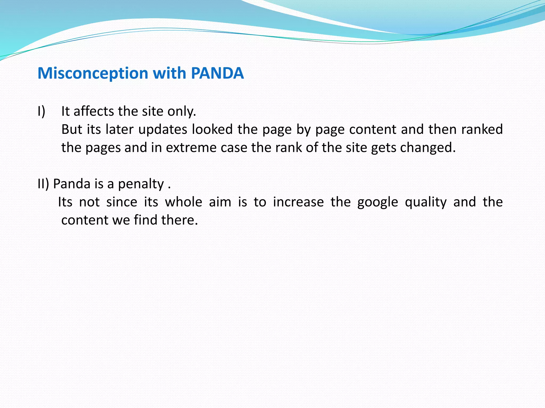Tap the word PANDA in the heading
(217, 73)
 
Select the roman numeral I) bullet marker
(42, 111)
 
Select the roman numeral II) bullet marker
(43, 184)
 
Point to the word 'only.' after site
(182, 111)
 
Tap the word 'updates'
(163, 129)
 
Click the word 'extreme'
(191, 147)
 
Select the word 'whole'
(184, 202)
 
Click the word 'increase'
(298, 202)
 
